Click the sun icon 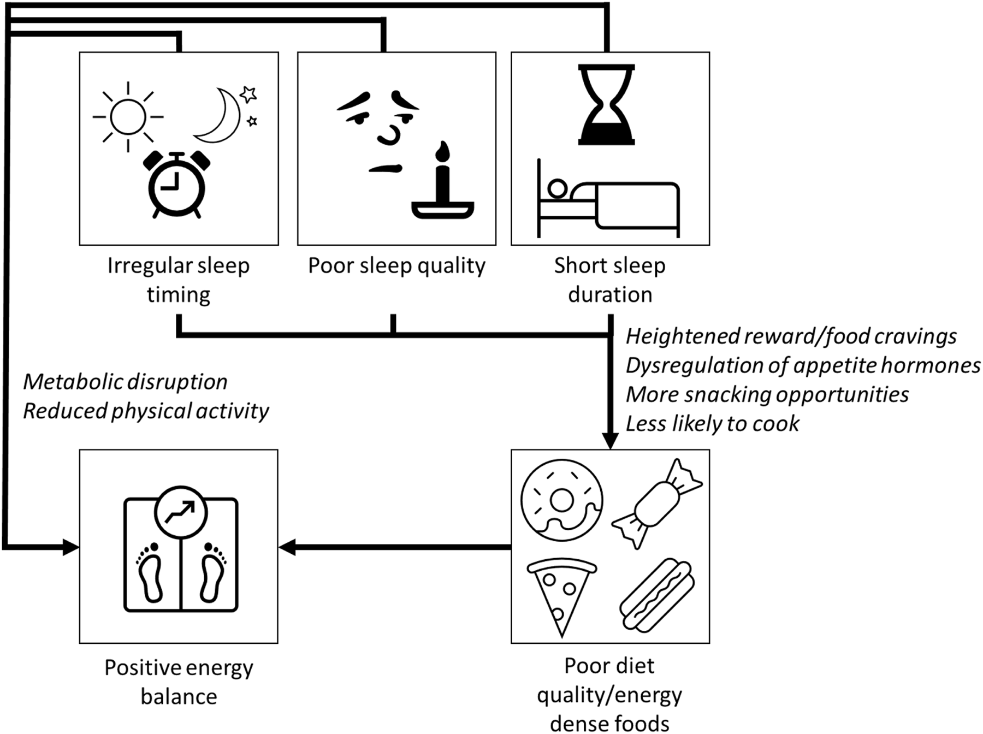coord(128,117)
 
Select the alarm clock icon coord(177,185)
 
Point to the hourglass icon coord(607,105)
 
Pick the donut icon coord(562,500)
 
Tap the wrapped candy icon coord(657,504)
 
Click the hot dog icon coord(657,595)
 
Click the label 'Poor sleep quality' coord(396,266)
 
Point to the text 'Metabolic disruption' coord(125,382)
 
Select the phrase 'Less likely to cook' coord(712,423)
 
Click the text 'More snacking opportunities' coord(767,394)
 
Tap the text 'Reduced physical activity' coord(146,411)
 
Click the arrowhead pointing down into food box coord(610,440)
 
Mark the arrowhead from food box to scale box coord(287,547)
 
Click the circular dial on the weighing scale coord(181,512)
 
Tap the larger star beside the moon coord(248,94)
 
